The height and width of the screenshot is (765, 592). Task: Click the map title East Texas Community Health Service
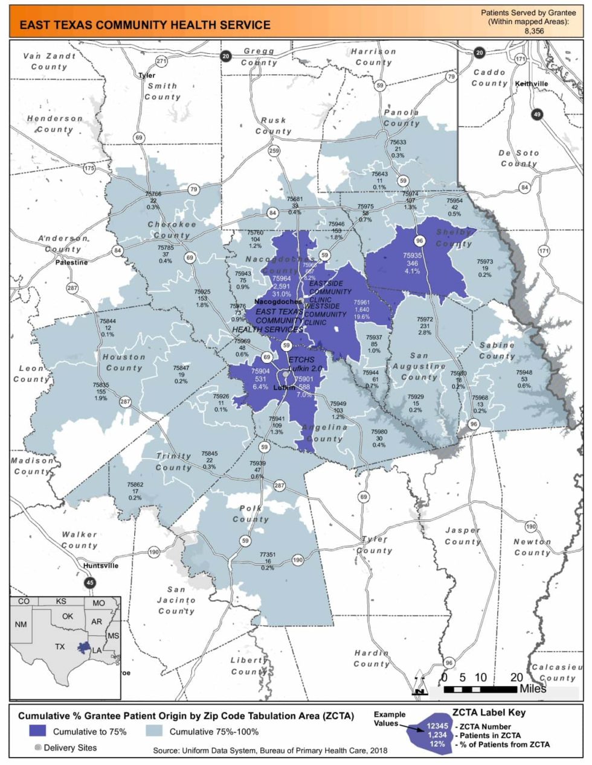145,25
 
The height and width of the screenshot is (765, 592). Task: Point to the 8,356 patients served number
533,30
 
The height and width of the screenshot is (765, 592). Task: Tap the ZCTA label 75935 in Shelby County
413,256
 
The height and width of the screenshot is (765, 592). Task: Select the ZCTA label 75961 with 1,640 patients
361,302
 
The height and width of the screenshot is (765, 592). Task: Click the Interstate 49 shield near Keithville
537,114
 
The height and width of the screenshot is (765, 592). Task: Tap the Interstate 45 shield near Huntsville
90,583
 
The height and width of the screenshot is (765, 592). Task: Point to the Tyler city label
147,75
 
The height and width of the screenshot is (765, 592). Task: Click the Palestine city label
71,262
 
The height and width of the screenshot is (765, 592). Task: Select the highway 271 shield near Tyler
161,61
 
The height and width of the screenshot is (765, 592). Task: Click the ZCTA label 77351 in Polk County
268,554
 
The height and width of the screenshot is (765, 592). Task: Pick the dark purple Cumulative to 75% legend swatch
37,731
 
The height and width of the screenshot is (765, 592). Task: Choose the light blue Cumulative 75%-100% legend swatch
154,731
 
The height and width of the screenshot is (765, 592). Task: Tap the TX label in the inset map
60,647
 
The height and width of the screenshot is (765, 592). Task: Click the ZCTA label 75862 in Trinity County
135,484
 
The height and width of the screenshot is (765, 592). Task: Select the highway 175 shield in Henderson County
89,168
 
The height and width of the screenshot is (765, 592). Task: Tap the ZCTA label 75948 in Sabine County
524,372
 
